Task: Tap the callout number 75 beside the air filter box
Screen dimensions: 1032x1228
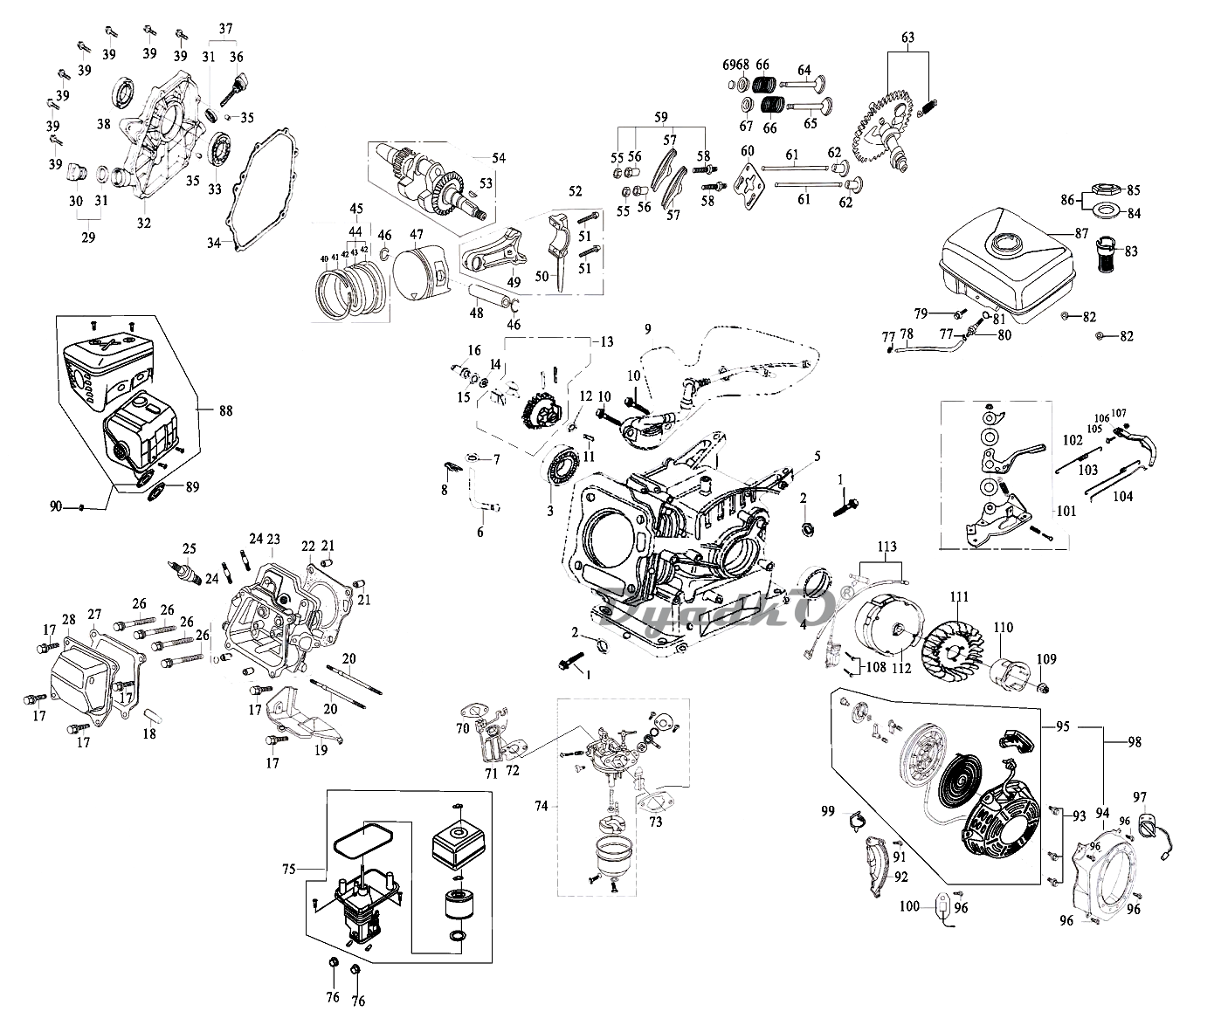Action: [290, 868]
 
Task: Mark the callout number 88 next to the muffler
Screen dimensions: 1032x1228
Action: [225, 409]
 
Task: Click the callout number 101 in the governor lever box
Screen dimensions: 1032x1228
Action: [1066, 512]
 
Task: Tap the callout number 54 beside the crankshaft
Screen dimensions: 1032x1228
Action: [499, 158]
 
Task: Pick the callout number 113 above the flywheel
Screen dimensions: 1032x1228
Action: [887, 548]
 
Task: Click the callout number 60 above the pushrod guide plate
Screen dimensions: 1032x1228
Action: [747, 151]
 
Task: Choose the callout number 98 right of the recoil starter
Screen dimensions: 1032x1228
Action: [1134, 743]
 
